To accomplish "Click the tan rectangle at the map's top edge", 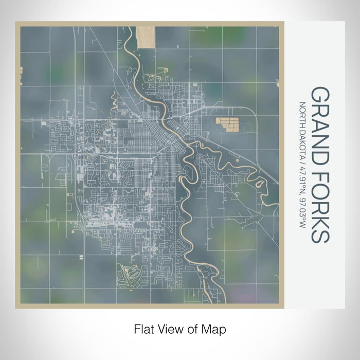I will [x=146, y=37].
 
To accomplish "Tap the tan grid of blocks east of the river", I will [x=227, y=124].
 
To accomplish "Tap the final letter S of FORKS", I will [x=319, y=234].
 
